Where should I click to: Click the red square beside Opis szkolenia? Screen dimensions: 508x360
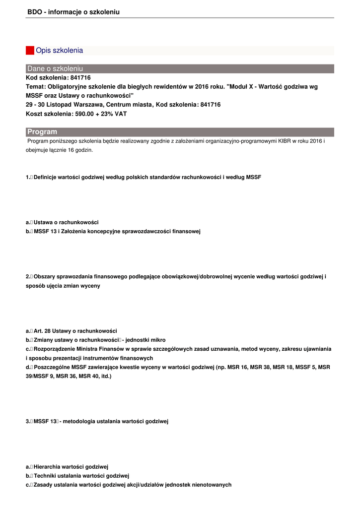point(30,51)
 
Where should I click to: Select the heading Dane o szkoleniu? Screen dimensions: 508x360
point(55,68)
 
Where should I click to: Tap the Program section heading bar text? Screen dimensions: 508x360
point(42,132)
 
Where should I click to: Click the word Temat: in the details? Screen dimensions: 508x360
point(36,87)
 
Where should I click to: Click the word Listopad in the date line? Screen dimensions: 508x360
point(58,105)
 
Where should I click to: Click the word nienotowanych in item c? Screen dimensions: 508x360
point(214,485)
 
